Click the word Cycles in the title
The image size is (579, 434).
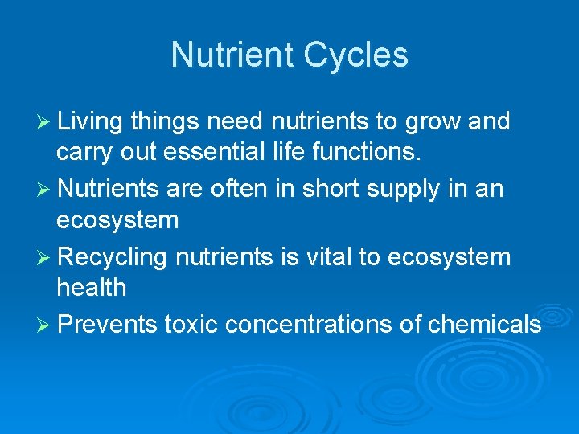[x=355, y=55]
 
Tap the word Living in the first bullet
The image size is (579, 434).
[x=90, y=121]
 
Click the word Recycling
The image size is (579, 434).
[x=113, y=257]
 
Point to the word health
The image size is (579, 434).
[x=91, y=287]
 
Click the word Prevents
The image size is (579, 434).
[x=108, y=324]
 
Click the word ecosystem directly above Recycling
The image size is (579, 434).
[x=117, y=219]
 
